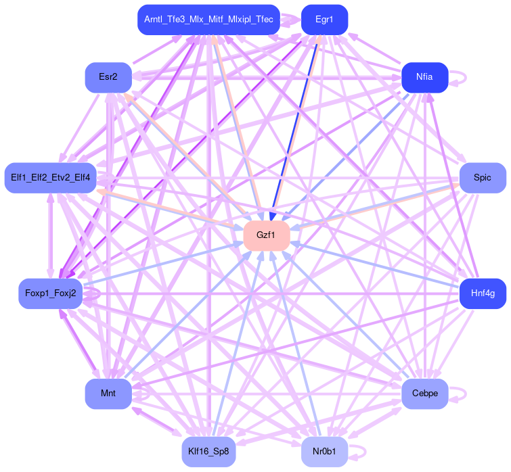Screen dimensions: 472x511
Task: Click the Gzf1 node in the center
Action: pyautogui.click(x=267, y=235)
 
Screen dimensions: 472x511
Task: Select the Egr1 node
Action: pyautogui.click(x=324, y=20)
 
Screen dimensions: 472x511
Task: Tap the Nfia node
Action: pyautogui.click(x=424, y=77)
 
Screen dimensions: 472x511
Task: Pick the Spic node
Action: pyautogui.click(x=483, y=178)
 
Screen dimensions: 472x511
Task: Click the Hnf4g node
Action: pyautogui.click(x=483, y=293)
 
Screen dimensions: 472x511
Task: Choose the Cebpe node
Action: pyautogui.click(x=424, y=394)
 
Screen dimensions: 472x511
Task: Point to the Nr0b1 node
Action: pyautogui.click(x=324, y=451)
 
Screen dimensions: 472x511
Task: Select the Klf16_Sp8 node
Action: pyautogui.click(x=209, y=451)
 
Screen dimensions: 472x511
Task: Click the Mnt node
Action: pyautogui.click(x=108, y=394)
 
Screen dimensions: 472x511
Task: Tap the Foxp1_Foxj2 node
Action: pyautogui.click(x=50, y=293)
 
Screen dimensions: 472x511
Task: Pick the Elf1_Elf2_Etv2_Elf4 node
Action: pyautogui.click(x=50, y=178)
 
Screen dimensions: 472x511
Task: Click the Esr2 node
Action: pyautogui.click(x=108, y=77)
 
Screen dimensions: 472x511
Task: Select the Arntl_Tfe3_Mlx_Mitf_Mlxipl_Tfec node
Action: pyautogui.click(x=208, y=20)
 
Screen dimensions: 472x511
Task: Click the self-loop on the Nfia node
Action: pyautogui.click(x=463, y=77)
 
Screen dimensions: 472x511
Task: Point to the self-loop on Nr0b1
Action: pyautogui.click(x=363, y=451)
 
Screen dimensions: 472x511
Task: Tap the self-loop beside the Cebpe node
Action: pyautogui.click(x=463, y=394)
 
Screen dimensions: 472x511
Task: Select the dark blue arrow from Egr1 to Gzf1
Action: pyautogui.click(x=298, y=122)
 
